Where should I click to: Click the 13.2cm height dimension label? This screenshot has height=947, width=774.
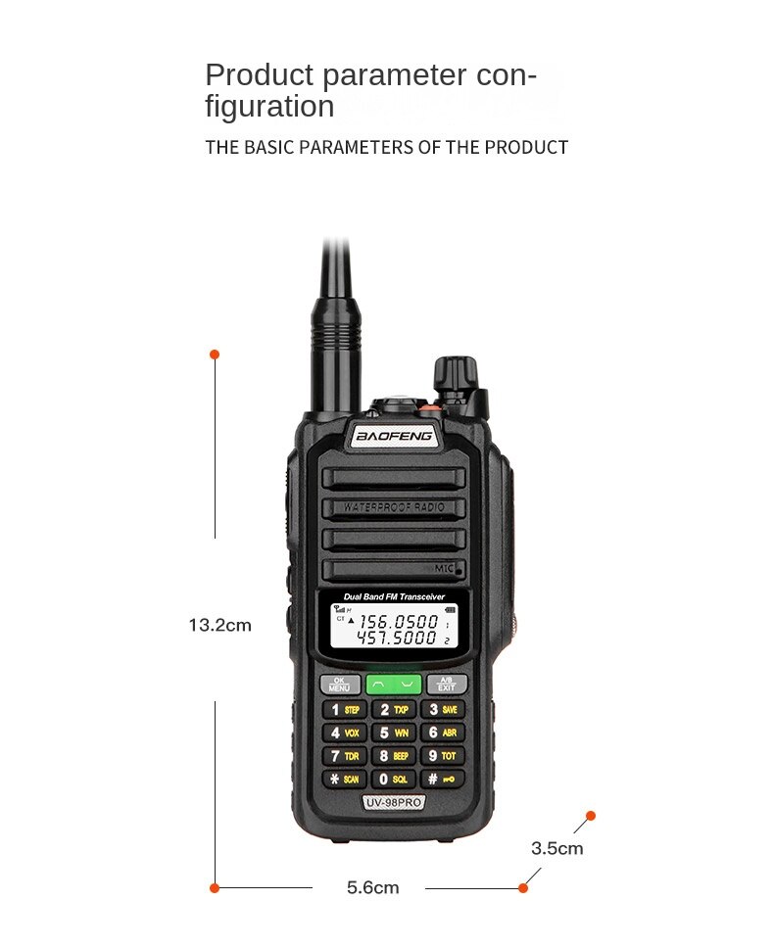tap(219, 625)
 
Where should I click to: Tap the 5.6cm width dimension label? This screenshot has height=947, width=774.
tap(372, 887)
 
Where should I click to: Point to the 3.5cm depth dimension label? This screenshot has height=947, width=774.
tap(556, 848)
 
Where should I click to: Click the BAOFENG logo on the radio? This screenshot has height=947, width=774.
tap(394, 436)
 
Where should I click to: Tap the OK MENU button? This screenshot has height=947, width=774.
tap(339, 685)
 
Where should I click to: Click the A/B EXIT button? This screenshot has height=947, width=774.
tap(447, 685)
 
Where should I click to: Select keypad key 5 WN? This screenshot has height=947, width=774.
tap(394, 733)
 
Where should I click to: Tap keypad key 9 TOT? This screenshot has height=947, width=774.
tap(443, 756)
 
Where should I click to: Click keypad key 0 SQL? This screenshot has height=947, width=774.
tap(394, 780)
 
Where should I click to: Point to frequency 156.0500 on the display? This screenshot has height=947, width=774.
tap(398, 621)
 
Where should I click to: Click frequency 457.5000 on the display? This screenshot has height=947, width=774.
tap(396, 639)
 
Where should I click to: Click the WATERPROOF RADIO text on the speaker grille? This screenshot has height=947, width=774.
tap(394, 507)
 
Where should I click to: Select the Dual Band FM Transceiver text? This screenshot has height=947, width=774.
tap(394, 596)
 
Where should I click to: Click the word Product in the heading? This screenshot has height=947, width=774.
tap(259, 74)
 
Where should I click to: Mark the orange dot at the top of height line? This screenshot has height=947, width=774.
tap(215, 354)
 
